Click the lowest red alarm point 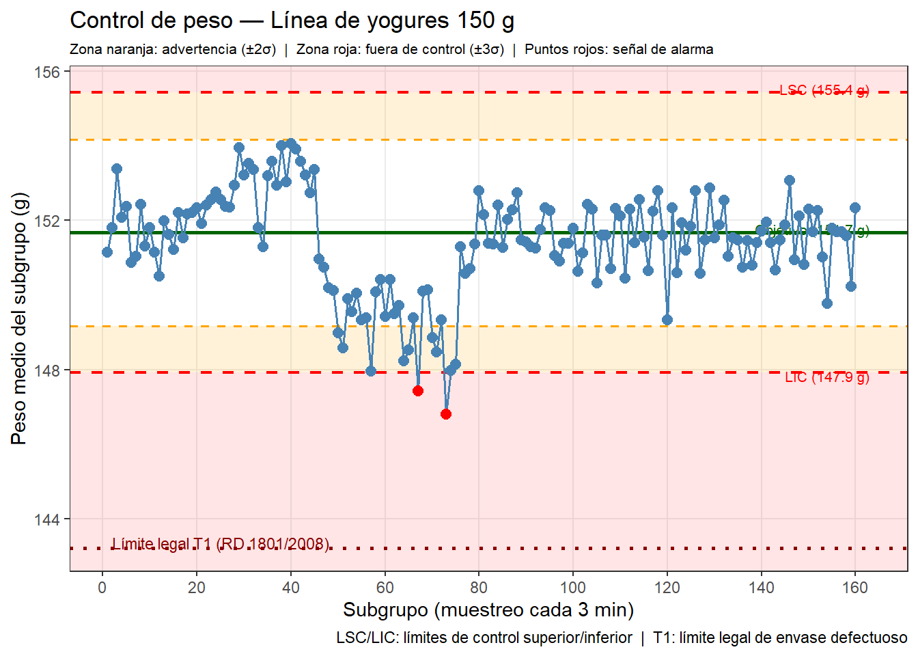446,414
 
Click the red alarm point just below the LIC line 418,391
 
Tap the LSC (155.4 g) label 824,90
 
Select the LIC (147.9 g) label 826,377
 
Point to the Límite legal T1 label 221,544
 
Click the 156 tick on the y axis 47,72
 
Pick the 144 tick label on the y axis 47,519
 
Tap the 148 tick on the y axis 47,370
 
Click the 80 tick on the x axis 479,588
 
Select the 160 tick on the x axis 855,588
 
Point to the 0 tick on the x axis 102,588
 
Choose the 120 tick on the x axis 667,588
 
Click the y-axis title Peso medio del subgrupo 19,318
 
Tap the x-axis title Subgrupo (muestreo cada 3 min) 488,610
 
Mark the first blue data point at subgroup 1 107,252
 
